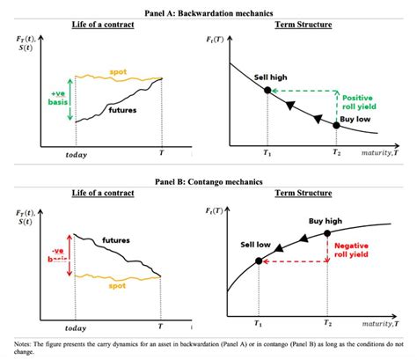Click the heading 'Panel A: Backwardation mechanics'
pyautogui.click(x=208, y=11)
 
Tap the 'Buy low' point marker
pyautogui.click(x=337, y=125)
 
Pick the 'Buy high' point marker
pyautogui.click(x=327, y=233)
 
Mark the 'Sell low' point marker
pyautogui.click(x=258, y=261)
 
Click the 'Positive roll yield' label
pyautogui.click(x=360, y=104)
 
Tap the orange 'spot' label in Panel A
pyautogui.click(x=118, y=71)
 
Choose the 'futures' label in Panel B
pyautogui.click(x=116, y=239)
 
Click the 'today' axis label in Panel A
pyautogui.click(x=77, y=155)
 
